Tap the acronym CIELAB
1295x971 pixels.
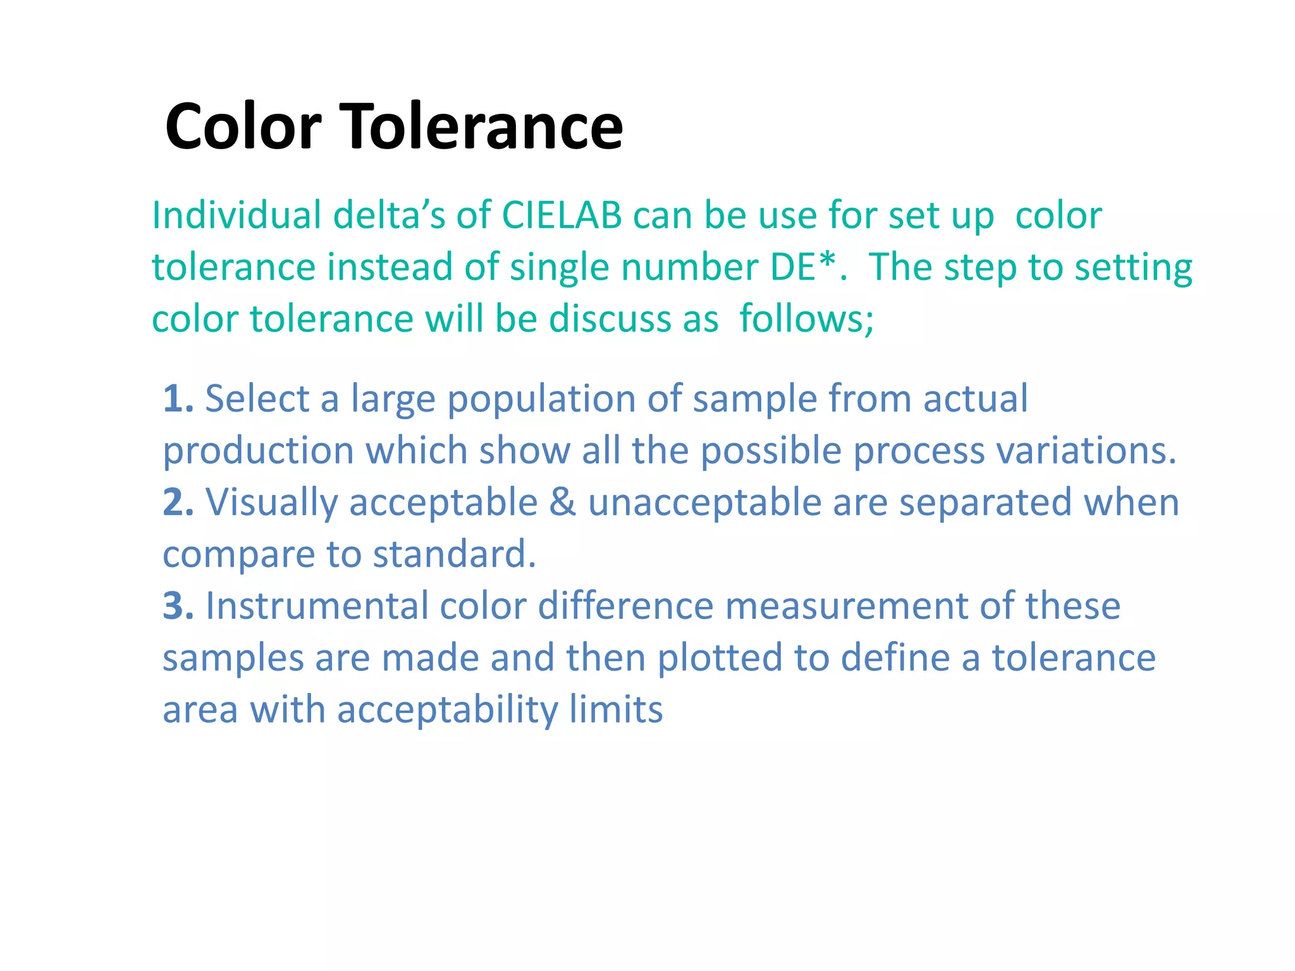562,216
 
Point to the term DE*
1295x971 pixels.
803,267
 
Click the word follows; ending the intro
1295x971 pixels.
807,319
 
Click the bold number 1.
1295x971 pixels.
178,400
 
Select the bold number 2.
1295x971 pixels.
178,503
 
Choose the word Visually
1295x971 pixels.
272,503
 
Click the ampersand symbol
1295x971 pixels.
563,503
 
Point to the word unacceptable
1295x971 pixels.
704,503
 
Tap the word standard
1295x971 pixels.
454,555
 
